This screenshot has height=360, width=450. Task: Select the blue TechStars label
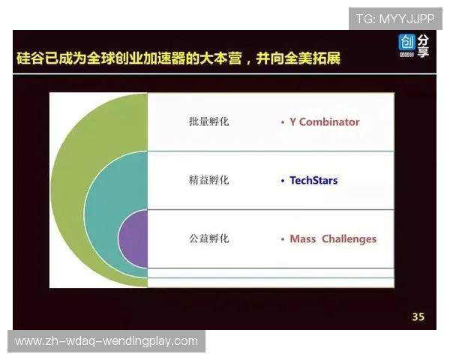313,181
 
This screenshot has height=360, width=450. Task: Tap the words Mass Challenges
333,239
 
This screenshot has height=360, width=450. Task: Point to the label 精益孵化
209,181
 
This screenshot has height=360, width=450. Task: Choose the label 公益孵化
209,239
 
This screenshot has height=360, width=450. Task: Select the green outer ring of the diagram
71,172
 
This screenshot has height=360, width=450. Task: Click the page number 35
418,317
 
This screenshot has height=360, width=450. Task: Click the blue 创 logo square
407,42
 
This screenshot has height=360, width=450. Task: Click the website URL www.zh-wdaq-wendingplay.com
106,341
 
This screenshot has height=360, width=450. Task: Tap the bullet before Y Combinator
282,121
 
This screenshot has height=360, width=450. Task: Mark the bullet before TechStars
282,181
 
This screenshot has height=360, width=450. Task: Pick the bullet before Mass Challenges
282,239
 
